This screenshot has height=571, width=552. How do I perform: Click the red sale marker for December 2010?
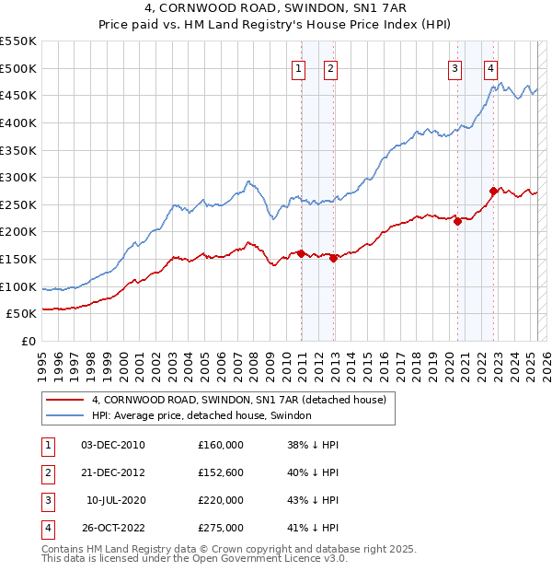tap(301, 253)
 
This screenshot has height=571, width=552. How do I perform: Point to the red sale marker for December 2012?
tap(333, 258)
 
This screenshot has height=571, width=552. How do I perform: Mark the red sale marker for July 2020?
tap(457, 221)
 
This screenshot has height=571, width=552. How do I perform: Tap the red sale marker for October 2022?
tap(494, 191)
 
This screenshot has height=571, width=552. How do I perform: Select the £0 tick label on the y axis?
tap(28, 341)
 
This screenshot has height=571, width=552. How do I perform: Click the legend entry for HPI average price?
tap(201, 415)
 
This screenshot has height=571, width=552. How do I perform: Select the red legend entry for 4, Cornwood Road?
tap(244, 400)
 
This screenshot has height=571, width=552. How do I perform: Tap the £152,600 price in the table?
tap(220, 473)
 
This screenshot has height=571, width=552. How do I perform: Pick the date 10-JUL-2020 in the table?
tap(116, 500)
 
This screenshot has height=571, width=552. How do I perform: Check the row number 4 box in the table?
tap(46, 528)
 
